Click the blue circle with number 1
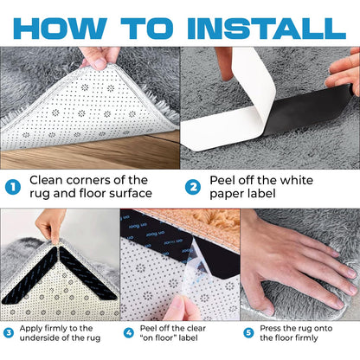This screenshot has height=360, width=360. pos(15,186)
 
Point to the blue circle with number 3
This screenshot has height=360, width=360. pos(9,333)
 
